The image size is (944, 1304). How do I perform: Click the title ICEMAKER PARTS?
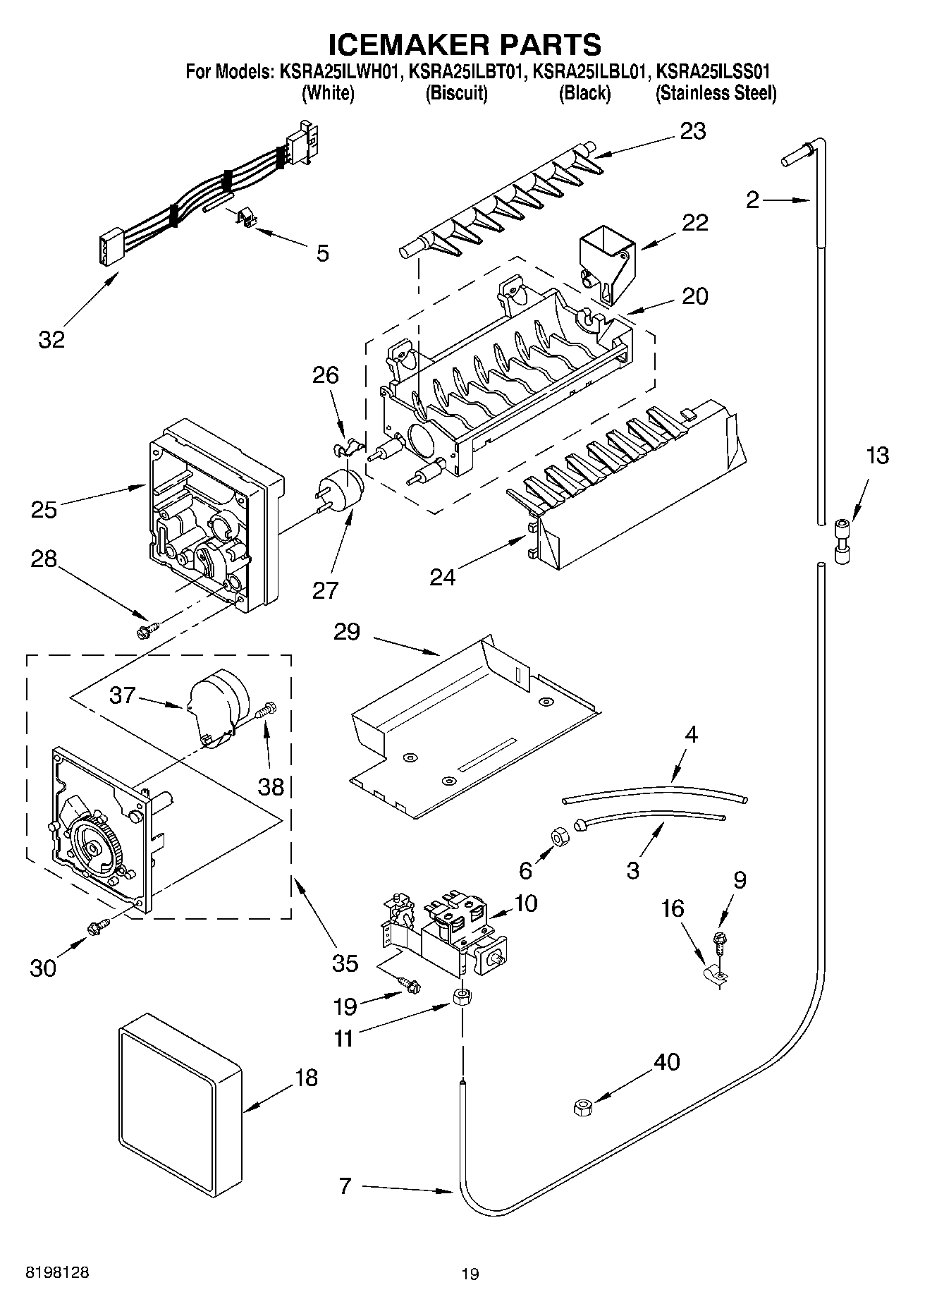point(465,44)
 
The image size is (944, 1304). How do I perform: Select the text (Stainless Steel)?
point(716,93)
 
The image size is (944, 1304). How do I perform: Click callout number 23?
point(692,132)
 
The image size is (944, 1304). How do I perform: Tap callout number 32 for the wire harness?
point(51,339)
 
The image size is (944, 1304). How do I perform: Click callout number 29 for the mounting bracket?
point(347,632)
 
